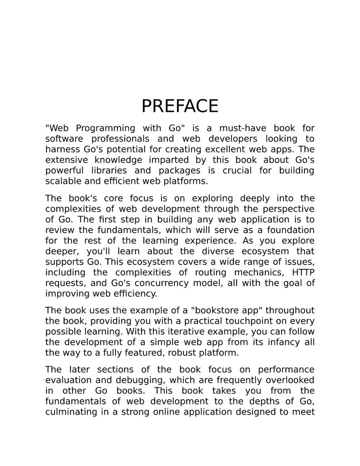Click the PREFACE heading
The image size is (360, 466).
coord(180,106)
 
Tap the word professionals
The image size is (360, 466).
coord(120,139)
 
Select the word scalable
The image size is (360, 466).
coord(63,181)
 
